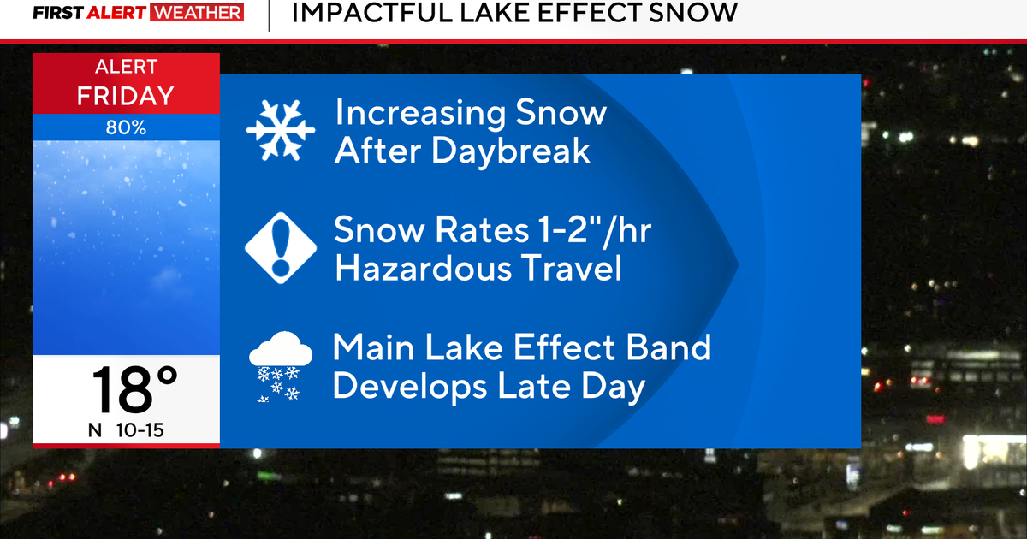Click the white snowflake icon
281,130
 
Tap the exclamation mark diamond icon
281,248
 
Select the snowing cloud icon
281,367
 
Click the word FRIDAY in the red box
126,96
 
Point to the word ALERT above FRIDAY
126,67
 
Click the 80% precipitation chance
126,127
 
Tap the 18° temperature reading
134,389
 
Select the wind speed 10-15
140,430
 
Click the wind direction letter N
95,430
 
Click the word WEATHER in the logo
197,13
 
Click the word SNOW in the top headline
692,12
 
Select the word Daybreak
511,151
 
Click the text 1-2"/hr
595,230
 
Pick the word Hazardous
423,268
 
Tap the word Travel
572,268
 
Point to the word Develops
409,388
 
